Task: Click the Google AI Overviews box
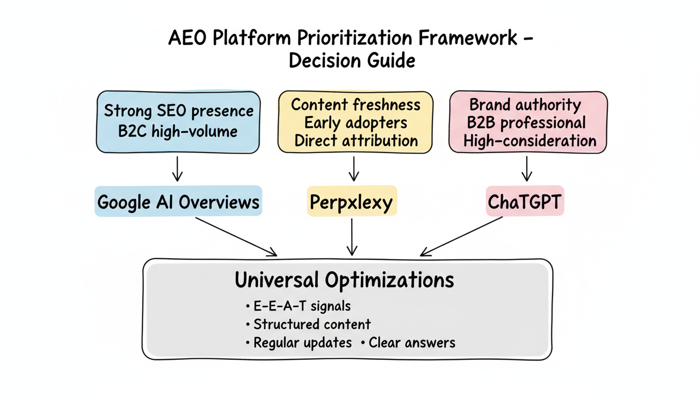(x=178, y=202)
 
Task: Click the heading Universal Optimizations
(x=344, y=280)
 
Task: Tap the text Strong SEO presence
(x=179, y=111)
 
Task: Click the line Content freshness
(x=355, y=104)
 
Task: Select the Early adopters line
(x=355, y=123)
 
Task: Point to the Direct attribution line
(x=355, y=141)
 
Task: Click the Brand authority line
(x=525, y=104)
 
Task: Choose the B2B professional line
(x=527, y=123)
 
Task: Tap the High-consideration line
(x=529, y=141)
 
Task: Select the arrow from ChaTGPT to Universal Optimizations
(x=461, y=236)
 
